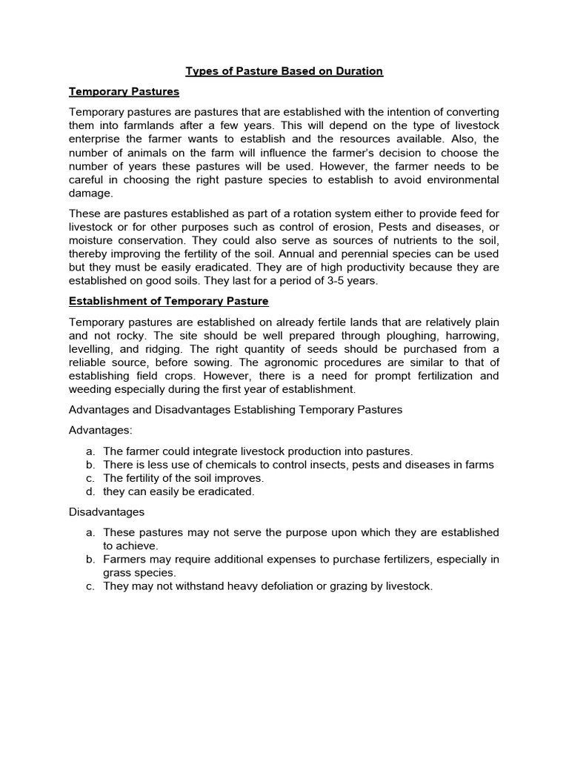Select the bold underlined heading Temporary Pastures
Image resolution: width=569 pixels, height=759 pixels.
tap(124, 92)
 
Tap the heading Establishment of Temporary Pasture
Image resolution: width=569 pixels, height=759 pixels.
tap(168, 302)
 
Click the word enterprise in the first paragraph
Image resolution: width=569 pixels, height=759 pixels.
tap(98, 139)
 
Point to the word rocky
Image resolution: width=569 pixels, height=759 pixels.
tap(126, 335)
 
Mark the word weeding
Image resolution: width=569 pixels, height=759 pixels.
tap(93, 388)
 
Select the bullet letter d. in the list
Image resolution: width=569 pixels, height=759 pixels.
tap(90, 491)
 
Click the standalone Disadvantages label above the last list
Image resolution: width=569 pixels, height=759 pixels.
tap(107, 511)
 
